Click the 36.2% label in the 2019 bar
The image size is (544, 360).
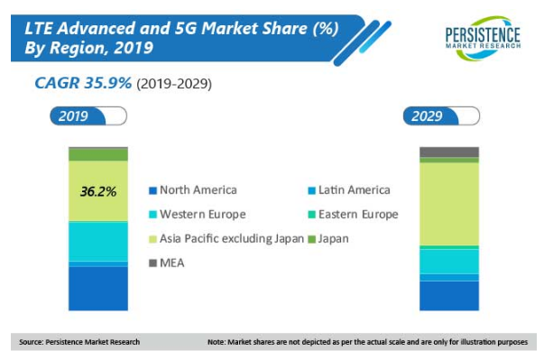click(x=98, y=191)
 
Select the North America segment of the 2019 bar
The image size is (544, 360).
click(x=98, y=289)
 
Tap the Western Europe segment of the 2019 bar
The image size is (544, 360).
click(x=98, y=242)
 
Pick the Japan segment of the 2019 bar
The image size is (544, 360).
click(x=98, y=154)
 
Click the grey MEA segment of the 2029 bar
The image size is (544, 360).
click(x=449, y=152)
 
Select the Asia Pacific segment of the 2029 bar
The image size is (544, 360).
click(x=449, y=204)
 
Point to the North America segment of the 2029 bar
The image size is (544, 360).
click(x=449, y=296)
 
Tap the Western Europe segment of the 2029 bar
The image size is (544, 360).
click(x=449, y=262)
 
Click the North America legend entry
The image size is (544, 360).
click(x=193, y=190)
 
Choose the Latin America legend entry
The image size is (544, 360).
click(x=349, y=190)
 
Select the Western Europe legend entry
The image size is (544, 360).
click(x=198, y=215)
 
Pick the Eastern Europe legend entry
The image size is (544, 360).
click(x=353, y=215)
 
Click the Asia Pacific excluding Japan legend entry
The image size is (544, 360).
click(x=226, y=239)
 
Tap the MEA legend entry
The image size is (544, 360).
click(x=167, y=263)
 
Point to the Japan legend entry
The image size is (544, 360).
click(x=328, y=239)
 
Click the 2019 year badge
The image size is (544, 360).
click(x=88, y=115)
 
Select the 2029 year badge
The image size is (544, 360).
click(x=441, y=115)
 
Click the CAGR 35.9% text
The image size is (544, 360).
click(x=83, y=83)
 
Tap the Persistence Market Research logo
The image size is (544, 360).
click(x=483, y=38)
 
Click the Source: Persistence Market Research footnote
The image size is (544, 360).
click(x=79, y=342)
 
